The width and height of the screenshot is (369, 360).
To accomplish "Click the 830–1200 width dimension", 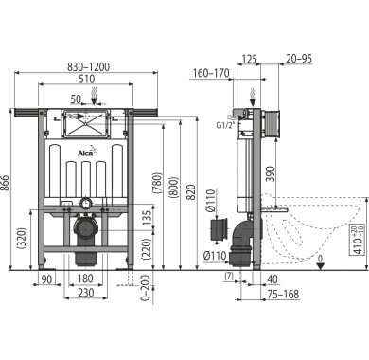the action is click(x=89, y=67).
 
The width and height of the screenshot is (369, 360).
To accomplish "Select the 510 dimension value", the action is click(x=87, y=79).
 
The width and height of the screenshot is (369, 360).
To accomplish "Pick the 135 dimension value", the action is click(x=148, y=218).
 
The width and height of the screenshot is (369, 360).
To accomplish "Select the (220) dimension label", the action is click(x=148, y=249).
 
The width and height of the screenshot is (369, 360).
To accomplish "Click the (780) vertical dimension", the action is click(x=157, y=183).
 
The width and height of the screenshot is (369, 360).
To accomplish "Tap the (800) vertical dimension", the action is click(x=174, y=188).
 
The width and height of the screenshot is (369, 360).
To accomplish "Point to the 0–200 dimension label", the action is click(x=145, y=288).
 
